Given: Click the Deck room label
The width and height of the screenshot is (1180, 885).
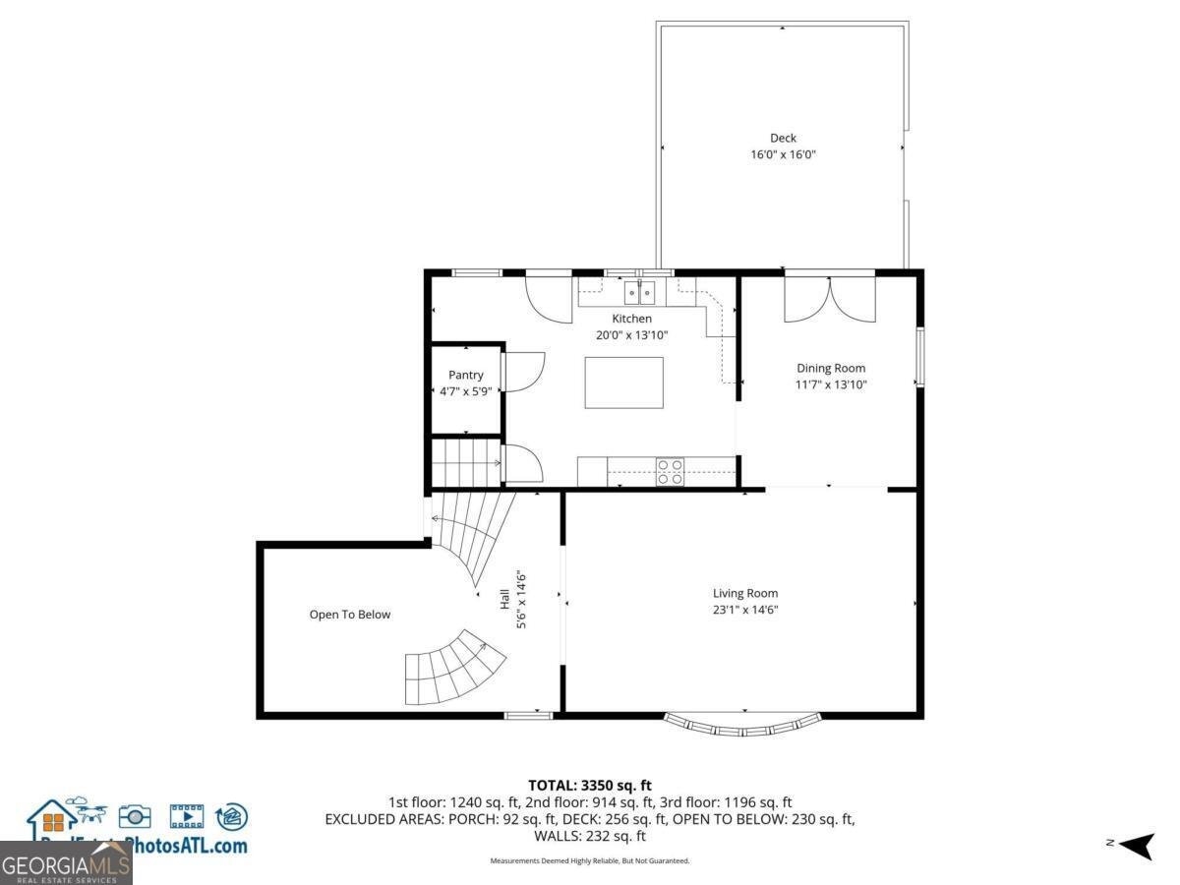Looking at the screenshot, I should pyautogui.click(x=783, y=139).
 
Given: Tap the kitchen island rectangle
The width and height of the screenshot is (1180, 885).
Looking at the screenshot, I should pyautogui.click(x=623, y=383).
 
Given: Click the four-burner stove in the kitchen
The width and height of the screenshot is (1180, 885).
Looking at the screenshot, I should pyautogui.click(x=671, y=472).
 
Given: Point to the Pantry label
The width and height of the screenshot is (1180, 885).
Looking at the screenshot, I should pyautogui.click(x=466, y=375).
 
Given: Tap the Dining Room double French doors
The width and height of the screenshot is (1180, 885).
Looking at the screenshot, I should pyautogui.click(x=829, y=299).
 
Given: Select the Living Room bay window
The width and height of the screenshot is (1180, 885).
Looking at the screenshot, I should pyautogui.click(x=743, y=725).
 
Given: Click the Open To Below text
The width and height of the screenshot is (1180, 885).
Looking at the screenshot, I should pyautogui.click(x=350, y=615).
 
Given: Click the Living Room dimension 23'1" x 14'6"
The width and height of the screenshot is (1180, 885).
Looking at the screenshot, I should pyautogui.click(x=745, y=610).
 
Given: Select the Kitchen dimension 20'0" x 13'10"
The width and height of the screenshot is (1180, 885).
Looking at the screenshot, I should pyautogui.click(x=631, y=334).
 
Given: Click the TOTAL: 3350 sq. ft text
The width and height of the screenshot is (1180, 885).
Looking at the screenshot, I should pyautogui.click(x=590, y=785).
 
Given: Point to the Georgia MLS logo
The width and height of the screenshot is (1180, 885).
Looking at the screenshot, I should pyautogui.click(x=65, y=863).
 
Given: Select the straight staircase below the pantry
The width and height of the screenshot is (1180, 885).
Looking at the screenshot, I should pyautogui.click(x=466, y=461).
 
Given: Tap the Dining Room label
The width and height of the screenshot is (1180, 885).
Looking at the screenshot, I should pyautogui.click(x=831, y=368).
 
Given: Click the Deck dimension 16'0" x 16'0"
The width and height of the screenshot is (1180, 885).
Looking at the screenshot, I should pyautogui.click(x=783, y=154).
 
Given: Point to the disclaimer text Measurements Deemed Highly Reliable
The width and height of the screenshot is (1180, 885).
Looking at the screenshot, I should pyautogui.click(x=590, y=860).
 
